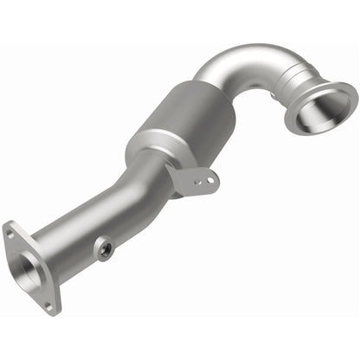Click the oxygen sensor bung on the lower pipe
click(x=104, y=249)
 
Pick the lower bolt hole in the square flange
click(x=48, y=304)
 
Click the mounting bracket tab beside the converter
click(x=195, y=178)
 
